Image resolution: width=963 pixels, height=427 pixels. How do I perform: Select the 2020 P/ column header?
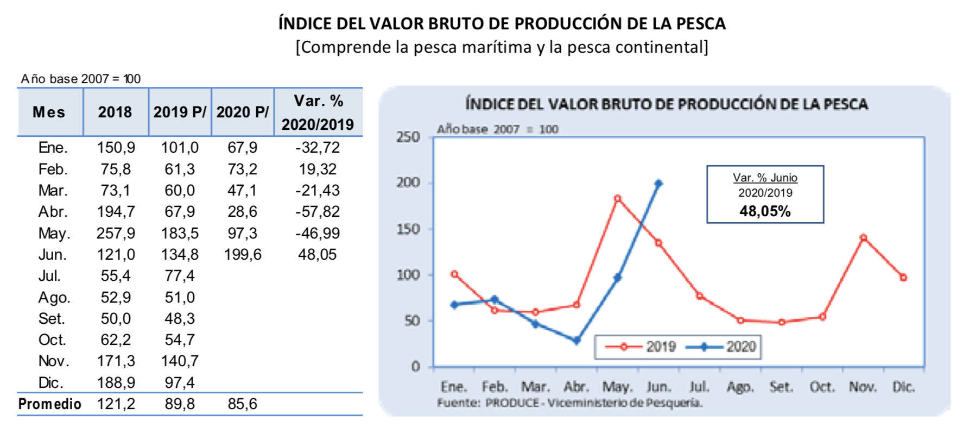(242, 112)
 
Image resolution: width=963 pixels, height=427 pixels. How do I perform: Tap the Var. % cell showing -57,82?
(318, 212)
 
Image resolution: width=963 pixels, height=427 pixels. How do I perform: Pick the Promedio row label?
(49, 404)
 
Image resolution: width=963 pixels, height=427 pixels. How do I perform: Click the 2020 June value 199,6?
(243, 255)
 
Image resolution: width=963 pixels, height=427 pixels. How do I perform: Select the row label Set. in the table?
(52, 319)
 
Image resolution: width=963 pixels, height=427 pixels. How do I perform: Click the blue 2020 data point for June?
(658, 184)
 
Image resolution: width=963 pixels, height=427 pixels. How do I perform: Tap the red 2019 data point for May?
(617, 199)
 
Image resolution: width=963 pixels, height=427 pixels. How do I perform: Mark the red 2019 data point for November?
(863, 237)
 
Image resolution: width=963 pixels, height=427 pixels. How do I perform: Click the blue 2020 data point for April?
(576, 341)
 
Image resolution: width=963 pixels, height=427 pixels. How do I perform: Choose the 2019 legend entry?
(641, 347)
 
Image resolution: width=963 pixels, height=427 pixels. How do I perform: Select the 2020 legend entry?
(722, 347)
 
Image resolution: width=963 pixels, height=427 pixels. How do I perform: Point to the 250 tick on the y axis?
(408, 137)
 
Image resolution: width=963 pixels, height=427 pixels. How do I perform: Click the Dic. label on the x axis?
(903, 387)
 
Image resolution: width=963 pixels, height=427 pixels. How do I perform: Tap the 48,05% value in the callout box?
(765, 211)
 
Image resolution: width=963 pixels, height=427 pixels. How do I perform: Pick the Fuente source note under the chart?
(569, 403)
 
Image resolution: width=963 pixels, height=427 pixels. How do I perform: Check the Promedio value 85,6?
(243, 404)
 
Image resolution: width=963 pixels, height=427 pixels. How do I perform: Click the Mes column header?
(49, 112)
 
